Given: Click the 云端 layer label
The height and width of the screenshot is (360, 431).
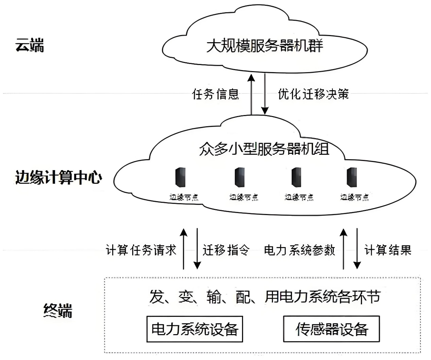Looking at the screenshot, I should (30, 46).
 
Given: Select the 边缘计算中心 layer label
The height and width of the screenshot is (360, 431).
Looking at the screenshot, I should (58, 178).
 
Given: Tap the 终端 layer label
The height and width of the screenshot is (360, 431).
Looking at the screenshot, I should (58, 310).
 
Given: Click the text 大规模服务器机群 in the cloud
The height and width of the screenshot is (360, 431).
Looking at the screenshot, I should (264, 46).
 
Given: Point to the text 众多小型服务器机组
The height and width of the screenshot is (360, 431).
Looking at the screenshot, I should (264, 149).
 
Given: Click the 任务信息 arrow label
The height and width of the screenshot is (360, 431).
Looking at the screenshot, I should (215, 94).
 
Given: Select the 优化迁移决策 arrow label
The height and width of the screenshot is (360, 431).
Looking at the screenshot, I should (313, 94).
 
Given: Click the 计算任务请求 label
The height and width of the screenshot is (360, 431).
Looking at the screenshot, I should (141, 250).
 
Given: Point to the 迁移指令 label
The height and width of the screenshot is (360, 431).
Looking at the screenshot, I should (226, 250).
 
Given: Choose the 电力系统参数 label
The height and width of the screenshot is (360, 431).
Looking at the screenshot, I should (299, 250).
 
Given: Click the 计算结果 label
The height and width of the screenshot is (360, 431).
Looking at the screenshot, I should (388, 250).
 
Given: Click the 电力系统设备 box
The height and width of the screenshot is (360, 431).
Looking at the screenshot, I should (194, 329).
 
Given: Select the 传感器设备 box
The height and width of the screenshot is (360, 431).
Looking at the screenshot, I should (331, 329).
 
